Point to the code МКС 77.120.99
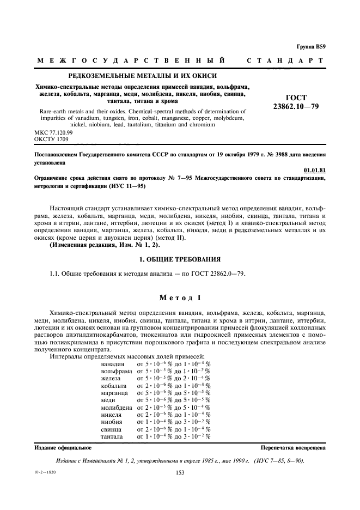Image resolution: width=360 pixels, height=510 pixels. (50, 132)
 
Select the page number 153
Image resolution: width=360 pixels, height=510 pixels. (180, 473)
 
